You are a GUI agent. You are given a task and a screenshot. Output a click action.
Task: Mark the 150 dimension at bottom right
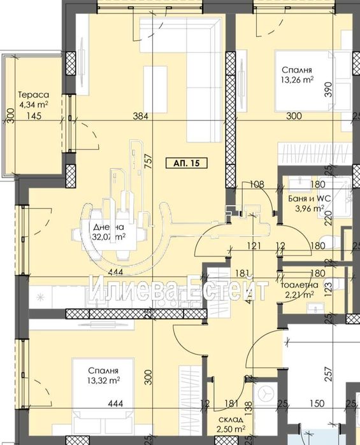[x=317, y=402]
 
